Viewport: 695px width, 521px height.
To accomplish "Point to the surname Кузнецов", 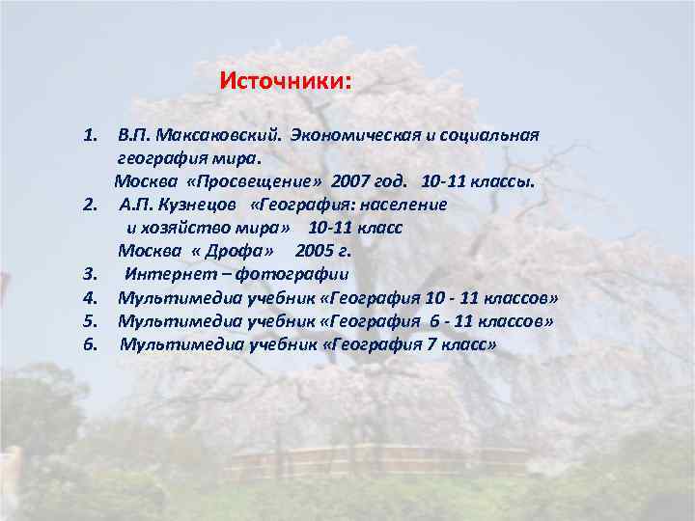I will (x=197, y=205).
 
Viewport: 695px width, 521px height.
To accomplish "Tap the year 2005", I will (x=315, y=251).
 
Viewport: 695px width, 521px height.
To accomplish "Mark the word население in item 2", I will (x=404, y=205).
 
